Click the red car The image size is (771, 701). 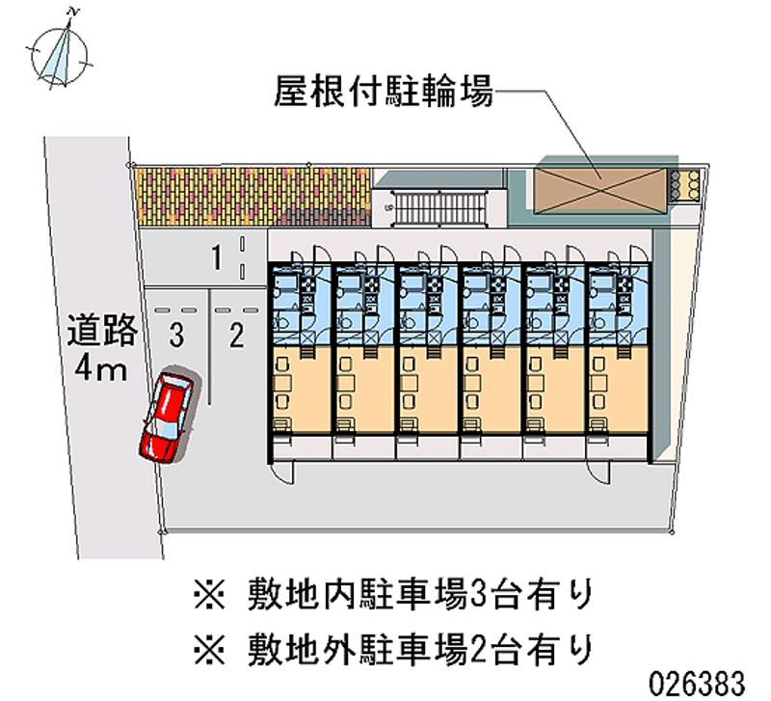point(168,418)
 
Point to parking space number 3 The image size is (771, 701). point(174,335)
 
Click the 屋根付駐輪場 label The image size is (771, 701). point(384,93)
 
